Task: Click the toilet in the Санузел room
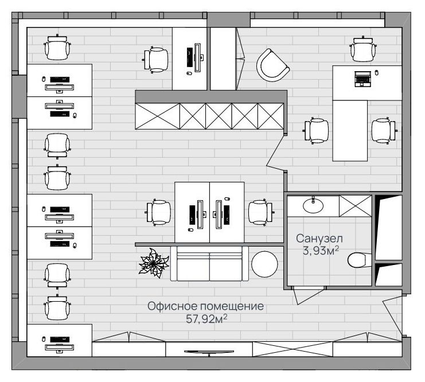pyautogui.click(x=359, y=260)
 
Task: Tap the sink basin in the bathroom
pyautogui.click(x=313, y=205)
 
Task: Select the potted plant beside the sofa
pyautogui.click(x=153, y=263)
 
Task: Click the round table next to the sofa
pyautogui.click(x=264, y=264)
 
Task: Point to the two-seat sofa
pyautogui.click(x=209, y=263)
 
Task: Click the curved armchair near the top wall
pyautogui.click(x=272, y=65)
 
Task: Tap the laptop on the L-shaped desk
pyautogui.click(x=363, y=79)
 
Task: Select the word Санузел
pyautogui.click(x=319, y=239)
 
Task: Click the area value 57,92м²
pyautogui.click(x=206, y=319)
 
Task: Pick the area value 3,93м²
pyautogui.click(x=321, y=251)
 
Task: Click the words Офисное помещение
pyautogui.click(x=206, y=306)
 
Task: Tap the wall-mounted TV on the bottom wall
pyautogui.click(x=209, y=352)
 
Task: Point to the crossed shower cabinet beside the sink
pyautogui.click(x=356, y=206)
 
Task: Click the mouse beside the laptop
pyautogui.click(x=376, y=73)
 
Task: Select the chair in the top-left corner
pyautogui.click(x=57, y=47)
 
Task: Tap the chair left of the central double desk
pyautogui.click(x=159, y=212)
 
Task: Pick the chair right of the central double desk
pyautogui.click(x=260, y=212)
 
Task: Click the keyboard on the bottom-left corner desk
pyautogui.click(x=60, y=340)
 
